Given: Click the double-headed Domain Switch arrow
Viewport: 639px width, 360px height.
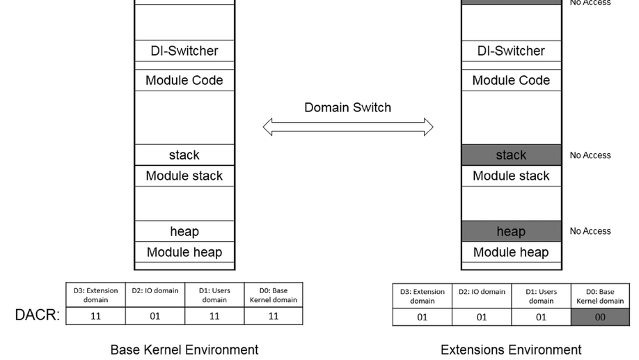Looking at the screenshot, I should click(347, 127).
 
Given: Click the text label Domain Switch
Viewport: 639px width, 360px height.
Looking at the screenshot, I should click(347, 107).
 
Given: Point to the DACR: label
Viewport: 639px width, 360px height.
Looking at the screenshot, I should click(37, 315).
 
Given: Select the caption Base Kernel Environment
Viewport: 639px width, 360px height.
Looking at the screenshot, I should click(184, 350).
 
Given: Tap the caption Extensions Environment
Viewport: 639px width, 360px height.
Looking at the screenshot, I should click(511, 350).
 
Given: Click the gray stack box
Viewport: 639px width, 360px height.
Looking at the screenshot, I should click(511, 155).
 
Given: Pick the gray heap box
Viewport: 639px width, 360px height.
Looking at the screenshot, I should click(511, 231).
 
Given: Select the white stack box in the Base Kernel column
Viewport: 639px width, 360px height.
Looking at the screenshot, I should click(184, 155).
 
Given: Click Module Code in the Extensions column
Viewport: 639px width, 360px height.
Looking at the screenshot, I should click(511, 80).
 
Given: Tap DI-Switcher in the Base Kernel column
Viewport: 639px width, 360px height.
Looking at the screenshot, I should click(184, 51).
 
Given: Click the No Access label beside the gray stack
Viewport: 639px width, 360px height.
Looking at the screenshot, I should click(590, 155).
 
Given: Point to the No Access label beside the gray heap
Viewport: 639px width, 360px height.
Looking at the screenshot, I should click(590, 231).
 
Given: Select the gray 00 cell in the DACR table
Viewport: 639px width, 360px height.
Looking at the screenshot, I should click(600, 318).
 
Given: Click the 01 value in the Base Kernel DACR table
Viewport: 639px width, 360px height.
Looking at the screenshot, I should click(155, 316).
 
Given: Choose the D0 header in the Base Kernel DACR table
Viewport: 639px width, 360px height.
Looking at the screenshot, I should click(274, 295).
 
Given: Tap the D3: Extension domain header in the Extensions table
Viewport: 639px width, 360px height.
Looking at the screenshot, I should click(423, 296).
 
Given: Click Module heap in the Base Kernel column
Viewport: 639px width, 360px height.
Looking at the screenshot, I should click(184, 252).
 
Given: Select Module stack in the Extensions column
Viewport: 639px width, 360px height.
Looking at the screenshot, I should click(511, 175).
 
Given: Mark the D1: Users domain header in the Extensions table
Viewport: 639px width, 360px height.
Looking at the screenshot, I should click(541, 296).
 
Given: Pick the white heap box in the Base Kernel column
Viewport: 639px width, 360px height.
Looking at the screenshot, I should click(184, 231).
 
